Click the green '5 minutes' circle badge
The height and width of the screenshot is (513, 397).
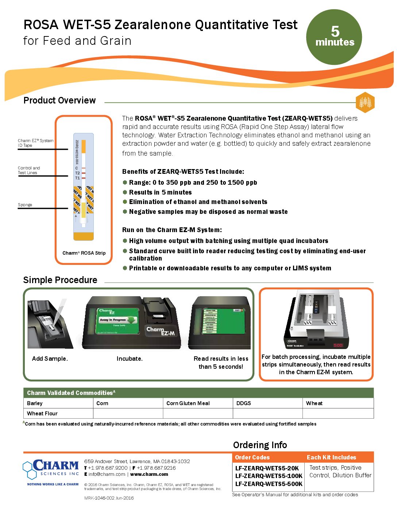click(x=334, y=37)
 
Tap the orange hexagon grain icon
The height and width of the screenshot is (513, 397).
click(x=365, y=102)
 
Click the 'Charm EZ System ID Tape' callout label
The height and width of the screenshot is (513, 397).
click(x=35, y=143)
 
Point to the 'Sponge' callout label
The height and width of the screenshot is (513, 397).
click(x=25, y=205)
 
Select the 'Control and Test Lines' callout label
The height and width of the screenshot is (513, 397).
click(x=29, y=170)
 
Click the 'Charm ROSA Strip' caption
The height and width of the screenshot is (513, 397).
click(x=84, y=253)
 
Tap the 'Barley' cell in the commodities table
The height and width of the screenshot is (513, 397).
click(x=35, y=403)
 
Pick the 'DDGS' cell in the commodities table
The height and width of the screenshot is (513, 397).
click(x=243, y=403)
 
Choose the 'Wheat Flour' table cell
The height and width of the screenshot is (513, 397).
click(x=42, y=413)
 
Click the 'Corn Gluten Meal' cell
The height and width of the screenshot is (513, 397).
click(x=188, y=403)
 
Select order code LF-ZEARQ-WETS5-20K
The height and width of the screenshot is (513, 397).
click(x=267, y=468)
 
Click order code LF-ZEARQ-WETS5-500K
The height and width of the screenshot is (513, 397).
click(x=269, y=484)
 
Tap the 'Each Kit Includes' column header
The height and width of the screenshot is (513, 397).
click(x=331, y=457)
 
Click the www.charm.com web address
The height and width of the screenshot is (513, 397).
click(x=149, y=474)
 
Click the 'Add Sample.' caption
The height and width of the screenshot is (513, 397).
click(x=50, y=359)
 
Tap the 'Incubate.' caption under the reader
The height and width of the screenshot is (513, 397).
click(x=130, y=359)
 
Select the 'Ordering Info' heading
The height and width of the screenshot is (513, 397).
click(x=260, y=445)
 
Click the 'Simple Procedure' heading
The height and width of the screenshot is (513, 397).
click(x=60, y=280)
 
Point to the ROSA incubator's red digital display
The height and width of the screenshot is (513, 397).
click(x=338, y=345)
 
